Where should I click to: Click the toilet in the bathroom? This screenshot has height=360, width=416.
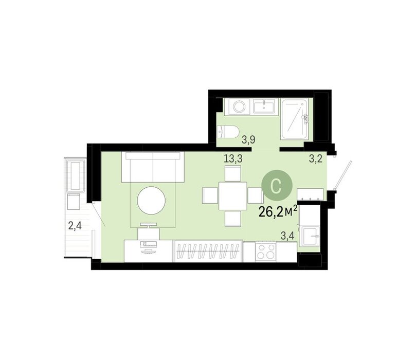[228, 132]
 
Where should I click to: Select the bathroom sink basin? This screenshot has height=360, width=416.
[265, 106]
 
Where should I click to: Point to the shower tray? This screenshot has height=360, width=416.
[295, 119]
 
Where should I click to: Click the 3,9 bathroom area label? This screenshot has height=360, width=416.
[248, 139]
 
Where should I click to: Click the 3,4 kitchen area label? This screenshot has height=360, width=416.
[287, 236]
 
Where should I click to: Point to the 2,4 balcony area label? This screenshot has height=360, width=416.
[75, 226]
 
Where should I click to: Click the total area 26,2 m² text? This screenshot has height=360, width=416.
[278, 212]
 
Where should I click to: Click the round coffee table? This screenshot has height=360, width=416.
[151, 200]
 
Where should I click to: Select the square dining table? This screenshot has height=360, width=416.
[232, 196]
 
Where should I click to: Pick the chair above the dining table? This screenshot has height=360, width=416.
[232, 173]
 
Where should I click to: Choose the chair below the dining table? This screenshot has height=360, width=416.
[232, 219]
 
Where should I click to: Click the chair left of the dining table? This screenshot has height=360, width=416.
[210, 196]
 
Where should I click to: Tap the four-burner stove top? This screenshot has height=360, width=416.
[265, 252]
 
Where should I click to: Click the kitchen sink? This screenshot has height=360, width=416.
[310, 236]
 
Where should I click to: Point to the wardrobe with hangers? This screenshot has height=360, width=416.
[208, 251]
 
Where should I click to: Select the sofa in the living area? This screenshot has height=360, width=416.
[153, 167]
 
